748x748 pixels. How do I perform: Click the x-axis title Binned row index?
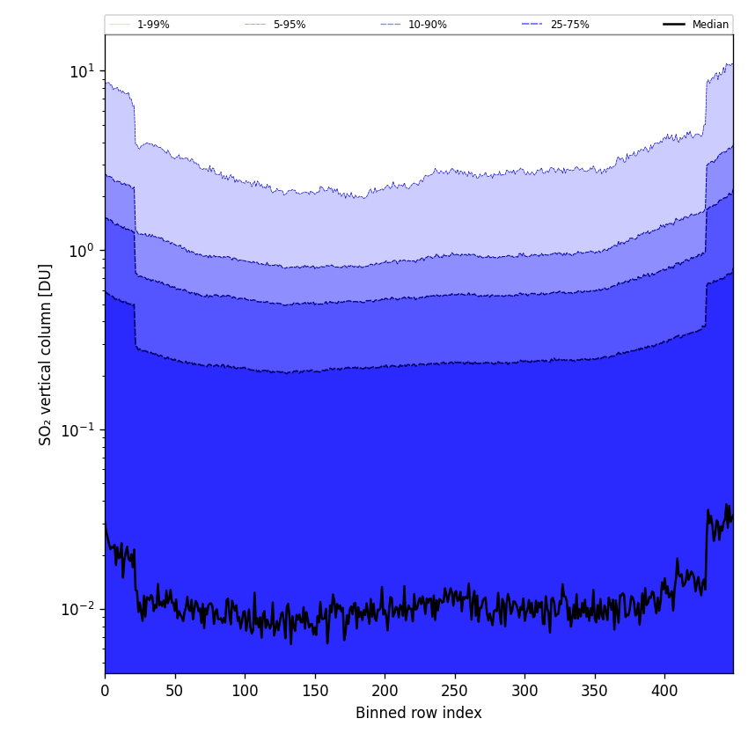[x=419, y=713]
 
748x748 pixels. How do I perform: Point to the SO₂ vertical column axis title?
[x=46, y=354]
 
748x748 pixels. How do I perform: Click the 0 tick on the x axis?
[x=105, y=691]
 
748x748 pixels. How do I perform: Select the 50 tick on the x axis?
[x=175, y=691]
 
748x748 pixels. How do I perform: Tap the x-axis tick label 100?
[x=245, y=691]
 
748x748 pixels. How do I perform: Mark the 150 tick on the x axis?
[x=315, y=691]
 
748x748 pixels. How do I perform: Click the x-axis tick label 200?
[x=385, y=691]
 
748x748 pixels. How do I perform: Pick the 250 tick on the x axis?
[x=455, y=691]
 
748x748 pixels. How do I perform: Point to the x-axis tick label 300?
[x=524, y=691]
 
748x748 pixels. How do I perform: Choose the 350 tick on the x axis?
[x=595, y=691]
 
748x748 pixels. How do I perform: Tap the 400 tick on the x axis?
[x=664, y=691]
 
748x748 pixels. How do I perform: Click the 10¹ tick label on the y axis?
[x=81, y=70]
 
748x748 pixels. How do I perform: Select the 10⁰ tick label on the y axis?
[x=81, y=250]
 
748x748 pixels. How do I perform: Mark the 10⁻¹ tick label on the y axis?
[x=78, y=429]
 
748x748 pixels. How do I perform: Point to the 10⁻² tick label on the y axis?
[x=78, y=609]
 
